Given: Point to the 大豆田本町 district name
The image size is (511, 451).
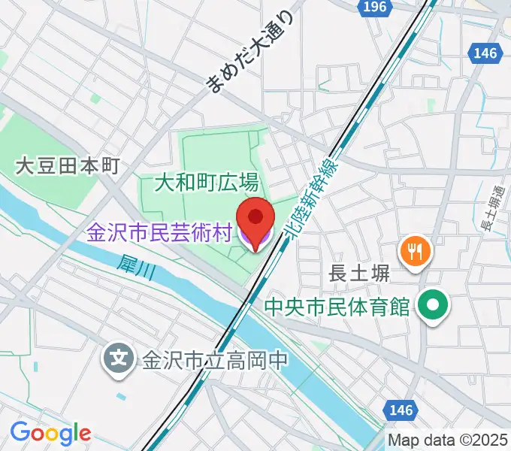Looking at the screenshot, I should click(x=68, y=166).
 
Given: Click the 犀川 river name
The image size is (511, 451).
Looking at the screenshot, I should click(x=136, y=268).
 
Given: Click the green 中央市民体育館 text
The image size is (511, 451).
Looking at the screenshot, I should click(x=337, y=307).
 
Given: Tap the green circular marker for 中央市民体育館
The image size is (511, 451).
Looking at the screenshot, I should click(x=434, y=306).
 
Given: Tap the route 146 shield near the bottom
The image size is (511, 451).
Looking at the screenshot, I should click(x=401, y=410).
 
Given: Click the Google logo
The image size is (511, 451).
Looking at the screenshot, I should click(x=50, y=434).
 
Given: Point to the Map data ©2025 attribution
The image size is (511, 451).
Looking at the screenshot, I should click(x=449, y=440).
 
